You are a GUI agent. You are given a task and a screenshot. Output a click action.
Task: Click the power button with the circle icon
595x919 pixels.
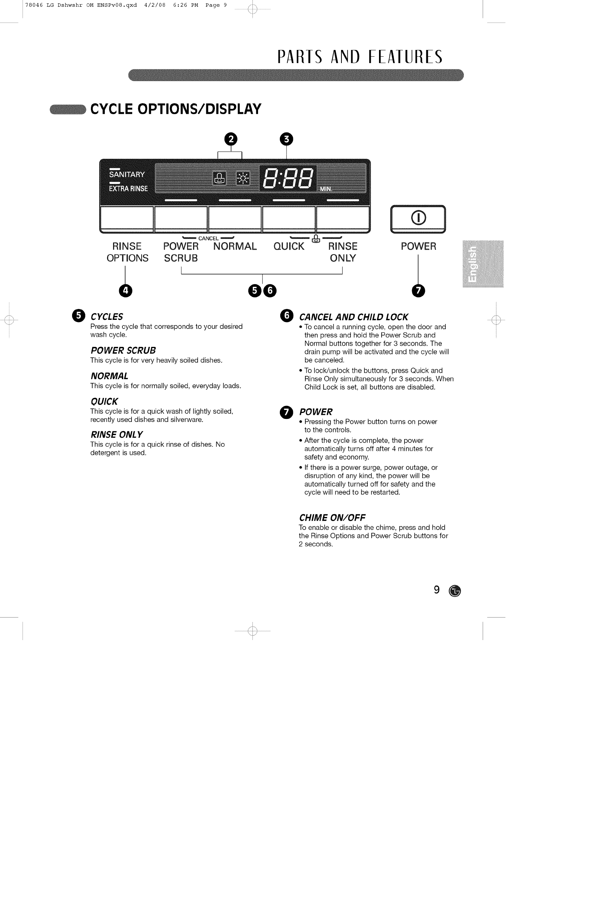pos(418,218)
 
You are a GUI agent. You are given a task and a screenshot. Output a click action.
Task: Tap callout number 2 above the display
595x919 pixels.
pos(231,139)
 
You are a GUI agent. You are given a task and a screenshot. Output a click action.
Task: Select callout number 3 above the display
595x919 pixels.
pos(286,139)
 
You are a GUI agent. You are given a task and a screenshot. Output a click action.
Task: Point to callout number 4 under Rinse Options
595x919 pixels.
pos(125,290)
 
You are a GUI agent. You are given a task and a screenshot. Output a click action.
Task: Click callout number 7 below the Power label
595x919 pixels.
pos(418,290)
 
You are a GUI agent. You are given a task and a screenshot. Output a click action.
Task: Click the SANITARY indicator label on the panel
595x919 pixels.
pos(127,175)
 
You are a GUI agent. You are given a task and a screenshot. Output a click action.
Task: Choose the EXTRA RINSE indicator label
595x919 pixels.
pos(128,188)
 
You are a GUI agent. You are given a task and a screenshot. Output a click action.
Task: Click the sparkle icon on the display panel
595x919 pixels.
pos(243,178)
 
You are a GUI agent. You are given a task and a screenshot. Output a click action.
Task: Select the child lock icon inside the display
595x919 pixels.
pos(219,178)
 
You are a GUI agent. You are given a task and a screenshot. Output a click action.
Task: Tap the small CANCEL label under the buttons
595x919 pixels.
pos(208,238)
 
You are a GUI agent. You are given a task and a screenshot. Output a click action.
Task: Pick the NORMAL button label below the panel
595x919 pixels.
pos(235,246)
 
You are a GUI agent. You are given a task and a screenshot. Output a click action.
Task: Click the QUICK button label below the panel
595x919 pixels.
pos(289,246)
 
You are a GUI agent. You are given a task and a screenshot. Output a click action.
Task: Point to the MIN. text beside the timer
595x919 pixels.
pos(326,189)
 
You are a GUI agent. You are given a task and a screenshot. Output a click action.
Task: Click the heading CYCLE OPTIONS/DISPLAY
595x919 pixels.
pos(176,109)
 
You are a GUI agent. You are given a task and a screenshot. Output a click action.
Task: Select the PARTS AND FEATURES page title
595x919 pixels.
pos(360,57)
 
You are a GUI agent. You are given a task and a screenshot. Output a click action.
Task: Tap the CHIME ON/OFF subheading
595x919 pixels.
pos(332,517)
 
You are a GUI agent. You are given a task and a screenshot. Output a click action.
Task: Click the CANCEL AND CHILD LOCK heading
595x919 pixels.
pos(353,317)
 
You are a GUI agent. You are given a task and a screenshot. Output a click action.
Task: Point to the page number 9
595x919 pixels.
pos(436,590)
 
